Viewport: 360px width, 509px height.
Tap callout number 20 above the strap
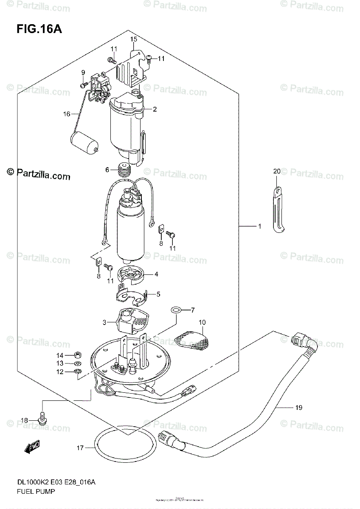click(277, 171)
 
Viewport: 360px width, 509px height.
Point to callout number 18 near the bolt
click(24, 420)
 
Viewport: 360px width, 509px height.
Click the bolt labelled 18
click(42, 419)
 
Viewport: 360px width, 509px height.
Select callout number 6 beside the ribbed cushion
click(107, 170)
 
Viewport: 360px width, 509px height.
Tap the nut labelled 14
click(78, 355)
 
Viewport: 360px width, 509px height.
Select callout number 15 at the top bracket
click(134, 39)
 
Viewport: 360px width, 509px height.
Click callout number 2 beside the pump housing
click(155, 109)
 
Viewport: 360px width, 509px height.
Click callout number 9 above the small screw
click(83, 72)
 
